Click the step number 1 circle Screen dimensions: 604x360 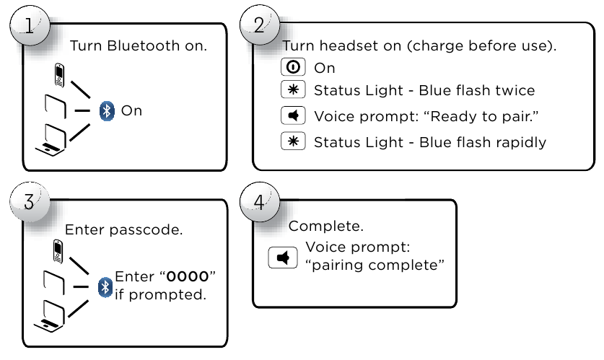pyautogui.click(x=30, y=25)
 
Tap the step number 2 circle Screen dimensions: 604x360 pyautogui.click(x=260, y=25)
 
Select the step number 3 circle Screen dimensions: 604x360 pyautogui.click(x=30, y=202)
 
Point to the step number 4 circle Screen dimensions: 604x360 pyautogui.click(x=260, y=202)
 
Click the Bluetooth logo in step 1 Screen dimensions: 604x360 pyautogui.click(x=107, y=111)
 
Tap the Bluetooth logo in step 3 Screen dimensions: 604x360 pyautogui.click(x=105, y=287)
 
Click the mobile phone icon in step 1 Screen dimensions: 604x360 pyautogui.click(x=59, y=75)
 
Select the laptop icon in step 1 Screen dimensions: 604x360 pyautogui.click(x=51, y=140)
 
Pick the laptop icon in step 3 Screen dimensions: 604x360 pyautogui.click(x=50, y=316)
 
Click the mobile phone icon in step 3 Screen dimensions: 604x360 pyautogui.click(x=58, y=251)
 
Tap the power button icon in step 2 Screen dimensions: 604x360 pyautogui.click(x=293, y=67)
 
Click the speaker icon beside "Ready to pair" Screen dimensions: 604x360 pyautogui.click(x=293, y=115)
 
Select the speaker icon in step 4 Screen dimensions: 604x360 pyautogui.click(x=283, y=258)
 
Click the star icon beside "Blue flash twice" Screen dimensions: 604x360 pyautogui.click(x=293, y=89)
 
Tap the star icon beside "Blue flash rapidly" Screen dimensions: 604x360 pyautogui.click(x=293, y=141)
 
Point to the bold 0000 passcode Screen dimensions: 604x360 pyautogui.click(x=188, y=276)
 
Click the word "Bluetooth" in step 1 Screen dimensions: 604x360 pyautogui.click(x=144, y=46)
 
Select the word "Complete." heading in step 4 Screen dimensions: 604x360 pyautogui.click(x=326, y=226)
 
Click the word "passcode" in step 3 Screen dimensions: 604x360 pyautogui.click(x=146, y=230)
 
